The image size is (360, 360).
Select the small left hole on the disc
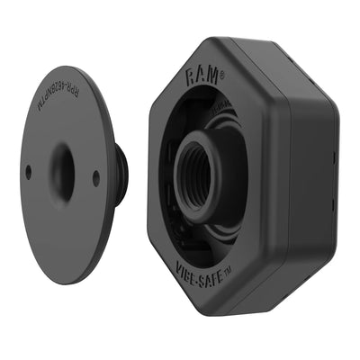coord(29,171)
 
